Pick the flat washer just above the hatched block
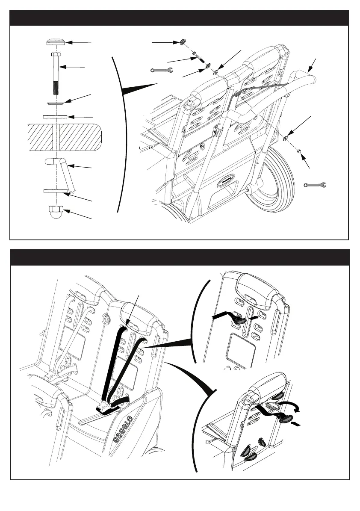pyautogui.click(x=55, y=116)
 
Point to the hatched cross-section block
pyautogui.click(x=64, y=137)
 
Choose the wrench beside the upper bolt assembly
pyautogui.click(x=161, y=70)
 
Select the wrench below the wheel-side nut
pyautogui.click(x=315, y=185)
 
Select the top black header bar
pyautogui.click(x=180, y=18)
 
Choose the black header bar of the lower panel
pyautogui.click(x=180, y=257)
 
